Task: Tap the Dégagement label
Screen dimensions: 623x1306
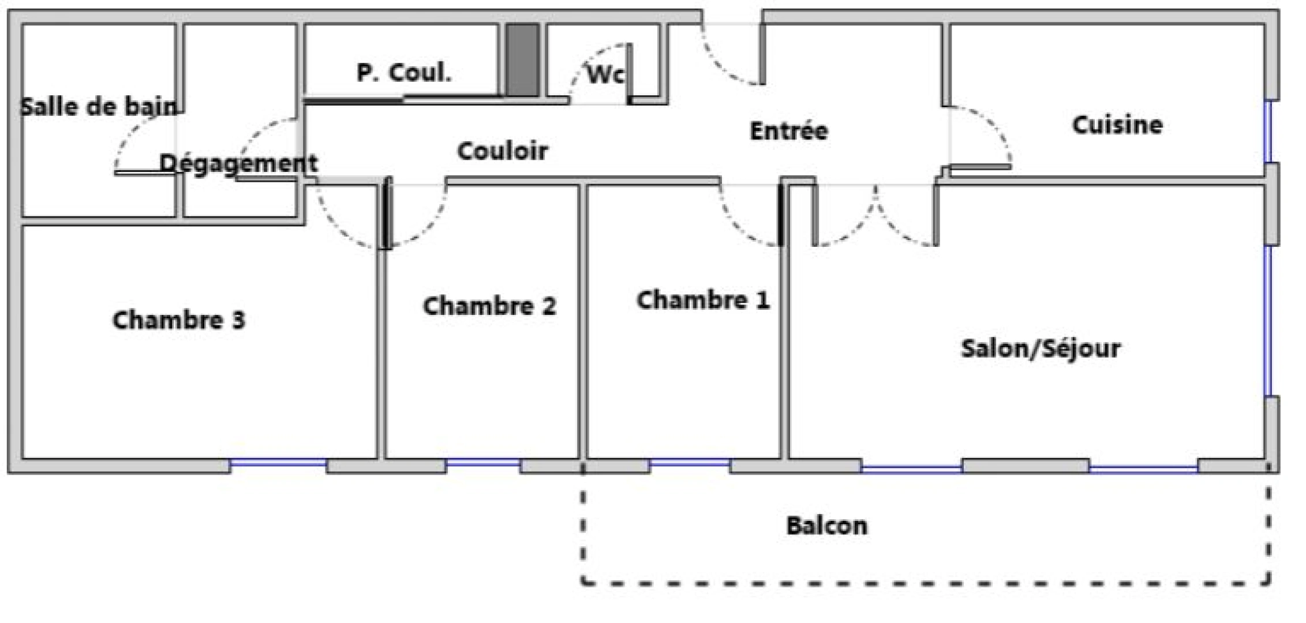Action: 238,164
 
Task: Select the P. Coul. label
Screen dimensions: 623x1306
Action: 404,73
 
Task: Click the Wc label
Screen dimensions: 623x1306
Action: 605,74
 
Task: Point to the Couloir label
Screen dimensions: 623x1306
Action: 502,151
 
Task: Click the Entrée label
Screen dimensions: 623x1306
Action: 789,131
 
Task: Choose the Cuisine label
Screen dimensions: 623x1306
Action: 1117,125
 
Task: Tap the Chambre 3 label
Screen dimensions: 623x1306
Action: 179,320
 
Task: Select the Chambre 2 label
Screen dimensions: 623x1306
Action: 489,306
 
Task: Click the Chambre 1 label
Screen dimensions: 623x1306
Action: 703,300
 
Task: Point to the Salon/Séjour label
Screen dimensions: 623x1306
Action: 1041,348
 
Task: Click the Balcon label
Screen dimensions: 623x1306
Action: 827,526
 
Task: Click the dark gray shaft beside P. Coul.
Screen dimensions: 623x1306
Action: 523,60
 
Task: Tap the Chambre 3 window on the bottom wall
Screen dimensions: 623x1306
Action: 278,463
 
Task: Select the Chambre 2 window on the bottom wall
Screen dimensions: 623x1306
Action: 483,463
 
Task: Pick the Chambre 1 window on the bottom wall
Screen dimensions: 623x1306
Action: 690,463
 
